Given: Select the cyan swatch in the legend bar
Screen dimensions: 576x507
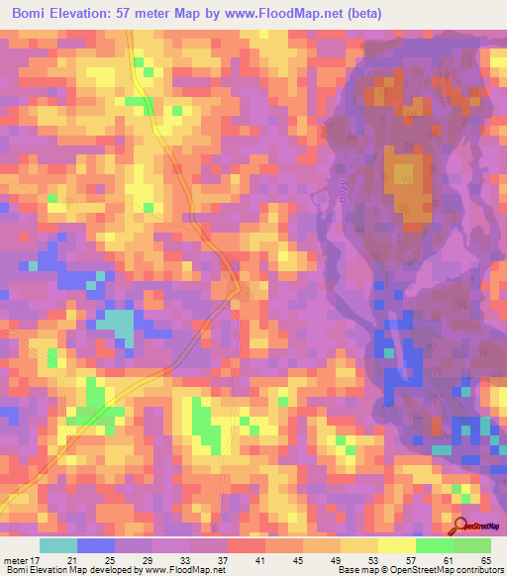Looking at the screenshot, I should point(58,544).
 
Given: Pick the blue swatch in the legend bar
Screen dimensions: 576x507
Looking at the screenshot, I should point(96,544).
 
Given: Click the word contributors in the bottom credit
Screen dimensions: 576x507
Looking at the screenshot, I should point(479,570).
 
